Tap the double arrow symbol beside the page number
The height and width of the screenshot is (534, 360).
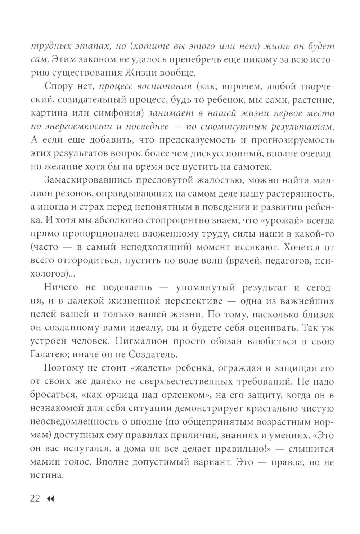(x=50, y=499)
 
